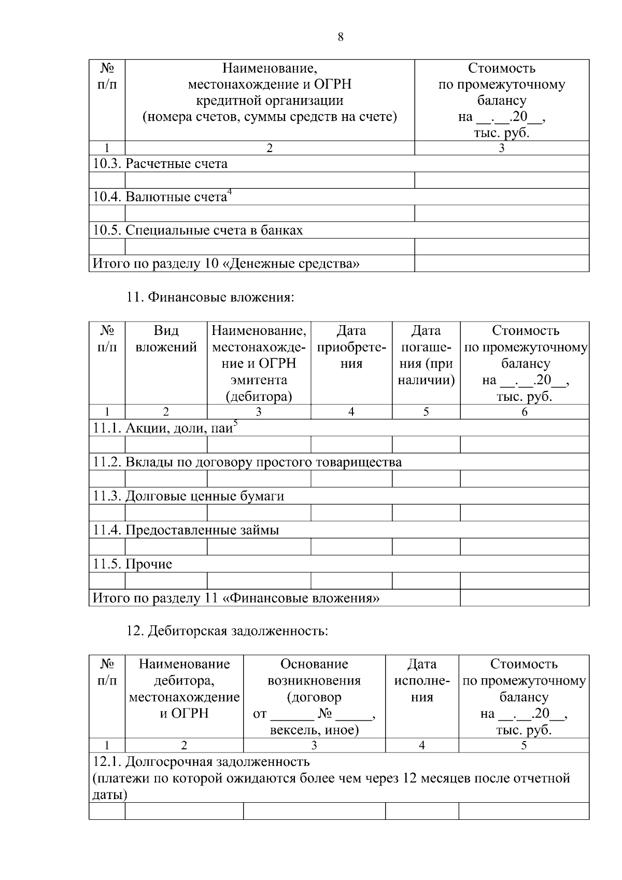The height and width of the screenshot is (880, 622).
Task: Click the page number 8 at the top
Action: (x=341, y=37)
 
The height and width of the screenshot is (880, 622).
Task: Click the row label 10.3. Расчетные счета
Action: (x=160, y=164)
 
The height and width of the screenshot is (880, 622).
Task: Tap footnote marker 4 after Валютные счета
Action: (x=230, y=193)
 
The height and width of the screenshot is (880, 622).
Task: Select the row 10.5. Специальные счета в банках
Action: (x=197, y=230)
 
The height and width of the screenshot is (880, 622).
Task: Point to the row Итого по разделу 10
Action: (x=226, y=264)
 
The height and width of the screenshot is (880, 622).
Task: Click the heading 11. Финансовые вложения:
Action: (x=210, y=297)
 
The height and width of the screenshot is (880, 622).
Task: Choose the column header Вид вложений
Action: (x=166, y=339)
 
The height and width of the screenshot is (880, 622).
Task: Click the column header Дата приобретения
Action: (x=351, y=347)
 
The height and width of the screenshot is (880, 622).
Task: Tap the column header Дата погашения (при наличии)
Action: (x=426, y=355)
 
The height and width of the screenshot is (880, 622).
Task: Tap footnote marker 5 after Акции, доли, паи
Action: (x=235, y=424)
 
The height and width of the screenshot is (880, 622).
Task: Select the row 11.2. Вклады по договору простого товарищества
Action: (x=247, y=462)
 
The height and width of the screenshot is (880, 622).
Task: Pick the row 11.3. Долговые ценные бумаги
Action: (x=189, y=496)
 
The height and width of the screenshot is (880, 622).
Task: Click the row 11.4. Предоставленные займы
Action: (x=186, y=530)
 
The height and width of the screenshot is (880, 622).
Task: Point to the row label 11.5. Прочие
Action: (x=133, y=564)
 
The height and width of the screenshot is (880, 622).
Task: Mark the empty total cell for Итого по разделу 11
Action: (x=524, y=598)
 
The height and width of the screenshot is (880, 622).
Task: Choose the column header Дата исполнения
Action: (x=422, y=680)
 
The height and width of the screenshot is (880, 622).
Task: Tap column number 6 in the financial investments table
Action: (x=524, y=412)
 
